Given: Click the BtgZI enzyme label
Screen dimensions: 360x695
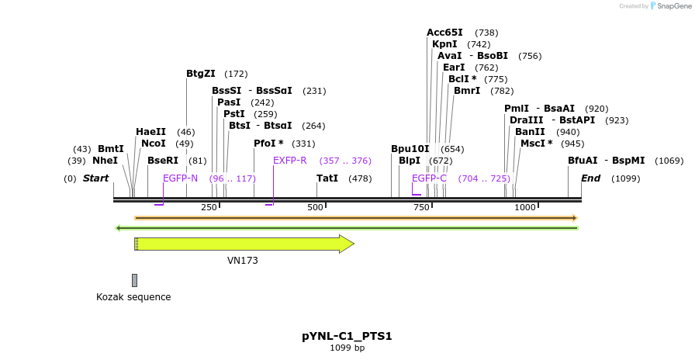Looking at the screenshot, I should [x=200, y=74].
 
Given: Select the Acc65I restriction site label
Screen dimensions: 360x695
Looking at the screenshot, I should [x=444, y=33].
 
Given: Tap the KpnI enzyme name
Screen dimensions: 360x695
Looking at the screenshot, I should [x=444, y=44].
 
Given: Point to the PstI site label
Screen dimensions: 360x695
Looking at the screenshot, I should [x=234, y=114].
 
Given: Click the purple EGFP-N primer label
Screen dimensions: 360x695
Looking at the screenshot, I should [x=180, y=178].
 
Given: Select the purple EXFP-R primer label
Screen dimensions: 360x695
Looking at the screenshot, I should [x=290, y=161].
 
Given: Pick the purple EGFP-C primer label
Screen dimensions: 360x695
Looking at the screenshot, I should [x=429, y=178].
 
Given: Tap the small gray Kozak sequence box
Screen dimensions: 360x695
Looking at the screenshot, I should [x=134, y=280].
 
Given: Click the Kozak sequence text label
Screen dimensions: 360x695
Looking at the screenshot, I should [x=133, y=297].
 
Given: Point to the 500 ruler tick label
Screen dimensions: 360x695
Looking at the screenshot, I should [x=315, y=207].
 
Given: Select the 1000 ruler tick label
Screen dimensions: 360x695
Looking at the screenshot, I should [x=525, y=207].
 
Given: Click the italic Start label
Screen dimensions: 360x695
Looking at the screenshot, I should [x=95, y=178].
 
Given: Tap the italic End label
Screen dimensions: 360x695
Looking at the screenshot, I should [x=590, y=178].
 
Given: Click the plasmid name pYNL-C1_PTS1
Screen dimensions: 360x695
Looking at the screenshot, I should [x=347, y=336].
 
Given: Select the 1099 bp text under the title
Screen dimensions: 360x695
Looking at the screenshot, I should [x=347, y=348].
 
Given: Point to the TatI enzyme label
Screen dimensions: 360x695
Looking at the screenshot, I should [x=327, y=178].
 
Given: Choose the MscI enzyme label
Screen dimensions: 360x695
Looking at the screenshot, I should [x=536, y=144].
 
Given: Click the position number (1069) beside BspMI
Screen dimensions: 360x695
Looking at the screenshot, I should [x=669, y=161].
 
